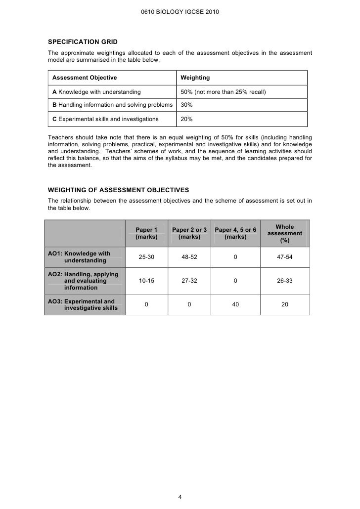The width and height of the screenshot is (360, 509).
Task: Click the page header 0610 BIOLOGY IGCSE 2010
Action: pos(180,10)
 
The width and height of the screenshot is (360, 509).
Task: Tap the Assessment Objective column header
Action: pos(85,78)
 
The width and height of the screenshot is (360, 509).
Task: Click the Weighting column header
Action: pos(195,78)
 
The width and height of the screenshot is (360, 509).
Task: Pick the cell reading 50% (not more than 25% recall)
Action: pos(224,92)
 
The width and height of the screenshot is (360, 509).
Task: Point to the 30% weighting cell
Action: pos(186,105)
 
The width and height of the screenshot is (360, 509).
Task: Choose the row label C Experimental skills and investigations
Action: pos(105,119)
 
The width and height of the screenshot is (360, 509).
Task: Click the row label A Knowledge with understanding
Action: pos(96,92)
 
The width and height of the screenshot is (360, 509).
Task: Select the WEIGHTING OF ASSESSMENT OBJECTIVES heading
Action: pos(118,190)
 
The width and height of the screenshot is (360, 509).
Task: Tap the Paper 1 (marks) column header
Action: pos(146,233)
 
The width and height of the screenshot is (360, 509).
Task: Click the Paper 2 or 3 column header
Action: pos(189,233)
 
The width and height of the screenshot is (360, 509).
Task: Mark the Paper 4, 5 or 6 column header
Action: pos(235,233)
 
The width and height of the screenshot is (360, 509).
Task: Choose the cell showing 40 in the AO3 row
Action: pos(235,304)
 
